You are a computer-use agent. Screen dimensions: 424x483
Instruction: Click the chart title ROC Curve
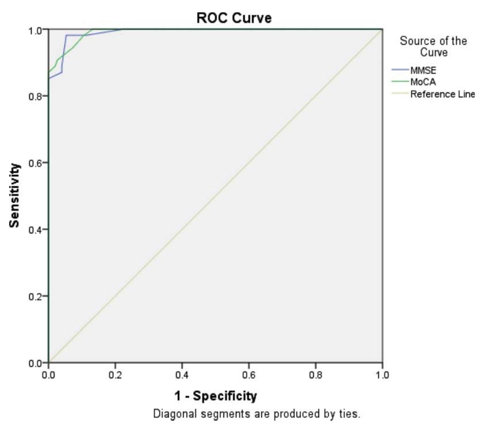tap(234, 18)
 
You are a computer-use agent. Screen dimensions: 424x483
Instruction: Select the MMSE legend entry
tap(423, 71)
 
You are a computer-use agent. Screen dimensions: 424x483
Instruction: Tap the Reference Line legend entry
tap(442, 94)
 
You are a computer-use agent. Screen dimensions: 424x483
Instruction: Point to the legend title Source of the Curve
tap(433, 46)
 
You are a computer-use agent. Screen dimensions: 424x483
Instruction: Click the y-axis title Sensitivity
tap(15, 195)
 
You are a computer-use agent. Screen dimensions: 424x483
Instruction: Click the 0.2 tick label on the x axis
tap(115, 375)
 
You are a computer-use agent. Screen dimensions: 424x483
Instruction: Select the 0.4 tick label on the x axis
tap(182, 375)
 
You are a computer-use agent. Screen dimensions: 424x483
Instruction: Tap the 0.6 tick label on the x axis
tap(249, 375)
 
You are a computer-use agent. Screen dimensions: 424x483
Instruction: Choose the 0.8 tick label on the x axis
tap(315, 375)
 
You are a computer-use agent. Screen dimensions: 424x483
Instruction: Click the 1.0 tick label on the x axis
tap(382, 375)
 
